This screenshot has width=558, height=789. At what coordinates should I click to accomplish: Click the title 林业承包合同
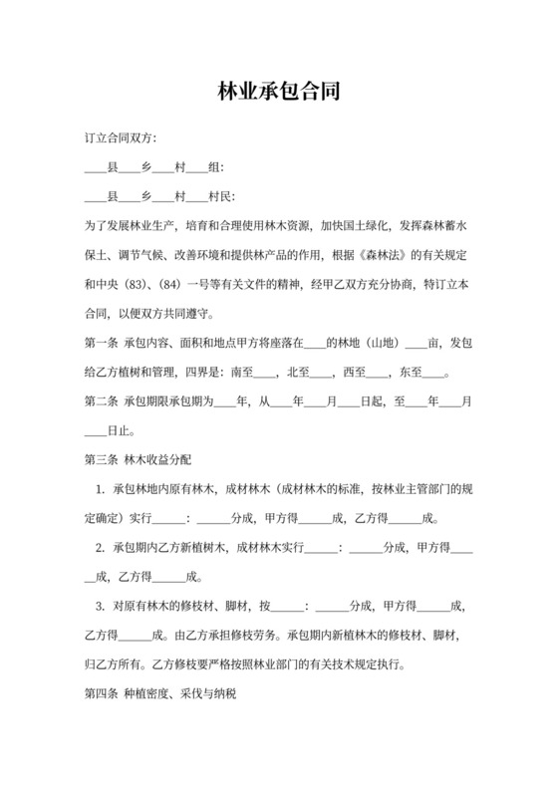(x=279, y=92)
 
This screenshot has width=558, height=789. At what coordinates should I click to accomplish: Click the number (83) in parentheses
(x=139, y=286)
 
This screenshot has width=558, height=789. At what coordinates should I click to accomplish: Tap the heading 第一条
(x=101, y=345)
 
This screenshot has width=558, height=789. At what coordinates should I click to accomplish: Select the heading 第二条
(x=101, y=403)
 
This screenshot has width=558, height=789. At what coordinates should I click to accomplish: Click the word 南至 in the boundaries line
(x=242, y=375)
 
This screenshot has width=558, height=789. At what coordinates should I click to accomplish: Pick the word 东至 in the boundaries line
(x=412, y=375)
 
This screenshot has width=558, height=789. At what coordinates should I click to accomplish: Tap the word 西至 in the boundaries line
(x=355, y=375)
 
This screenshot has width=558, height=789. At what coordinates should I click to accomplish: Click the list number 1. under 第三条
(x=101, y=490)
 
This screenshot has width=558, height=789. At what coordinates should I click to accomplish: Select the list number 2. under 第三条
(x=101, y=548)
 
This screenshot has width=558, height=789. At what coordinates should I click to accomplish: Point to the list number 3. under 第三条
(x=101, y=607)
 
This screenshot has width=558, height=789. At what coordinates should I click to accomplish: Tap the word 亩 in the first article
(x=433, y=345)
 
